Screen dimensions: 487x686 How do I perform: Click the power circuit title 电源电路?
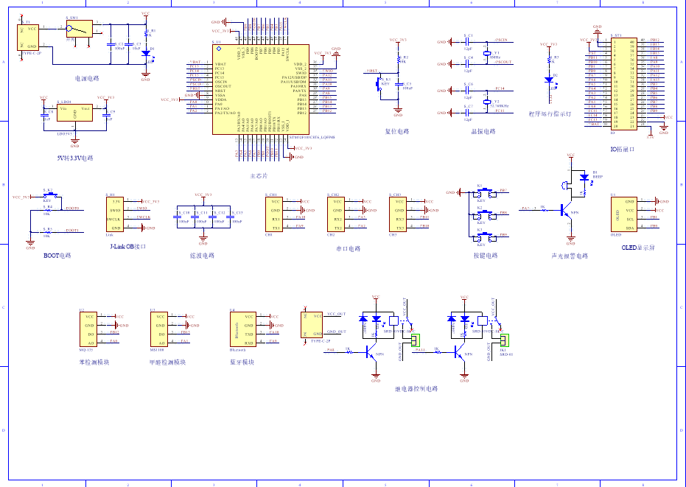(x=87, y=78)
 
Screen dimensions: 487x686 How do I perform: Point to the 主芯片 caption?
(x=259, y=177)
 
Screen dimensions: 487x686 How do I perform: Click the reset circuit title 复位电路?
(x=399, y=132)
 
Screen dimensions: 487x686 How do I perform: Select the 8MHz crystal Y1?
(x=486, y=54)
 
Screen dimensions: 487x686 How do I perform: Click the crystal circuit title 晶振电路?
(x=483, y=132)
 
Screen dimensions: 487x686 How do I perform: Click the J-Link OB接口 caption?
(x=127, y=247)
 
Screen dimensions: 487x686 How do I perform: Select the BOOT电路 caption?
(x=57, y=255)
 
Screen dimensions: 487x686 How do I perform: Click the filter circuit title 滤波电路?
(x=202, y=255)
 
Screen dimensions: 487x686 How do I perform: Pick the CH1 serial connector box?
(x=273, y=214)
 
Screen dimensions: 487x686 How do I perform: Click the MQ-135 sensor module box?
(x=88, y=329)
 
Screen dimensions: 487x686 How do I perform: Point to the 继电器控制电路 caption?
(x=416, y=388)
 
